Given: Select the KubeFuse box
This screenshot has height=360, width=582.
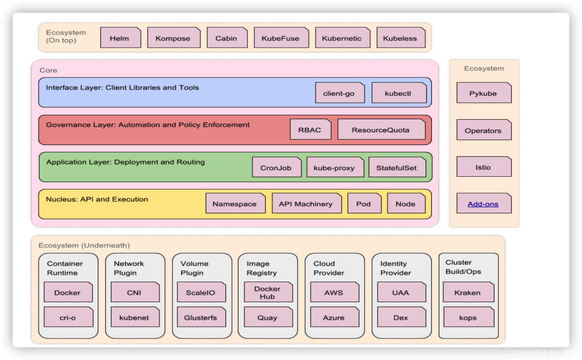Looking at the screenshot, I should coord(281,38).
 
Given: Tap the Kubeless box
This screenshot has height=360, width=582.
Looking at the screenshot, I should coord(401,38).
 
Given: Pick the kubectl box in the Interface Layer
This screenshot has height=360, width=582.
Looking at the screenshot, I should coord(398,93).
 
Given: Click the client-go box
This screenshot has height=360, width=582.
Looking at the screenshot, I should coord(339,93).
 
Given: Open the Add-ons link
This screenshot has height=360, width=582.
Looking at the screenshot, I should coord(483,204).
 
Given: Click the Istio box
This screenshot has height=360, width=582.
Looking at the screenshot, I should coord(483,167).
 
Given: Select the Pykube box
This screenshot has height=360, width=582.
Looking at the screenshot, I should coord(483,93).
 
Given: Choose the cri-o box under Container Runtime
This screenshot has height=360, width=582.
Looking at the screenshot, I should coord(68,317).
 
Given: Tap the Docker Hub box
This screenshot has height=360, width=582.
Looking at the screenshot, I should coord(268,292).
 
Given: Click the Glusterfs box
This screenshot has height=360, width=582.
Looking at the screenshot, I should coord(201,317).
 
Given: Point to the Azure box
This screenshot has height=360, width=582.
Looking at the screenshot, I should coord(334,317).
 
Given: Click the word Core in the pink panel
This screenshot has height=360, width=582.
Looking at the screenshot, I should coord(48,70).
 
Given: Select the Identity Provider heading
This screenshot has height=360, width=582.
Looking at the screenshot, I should coord(396,268).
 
